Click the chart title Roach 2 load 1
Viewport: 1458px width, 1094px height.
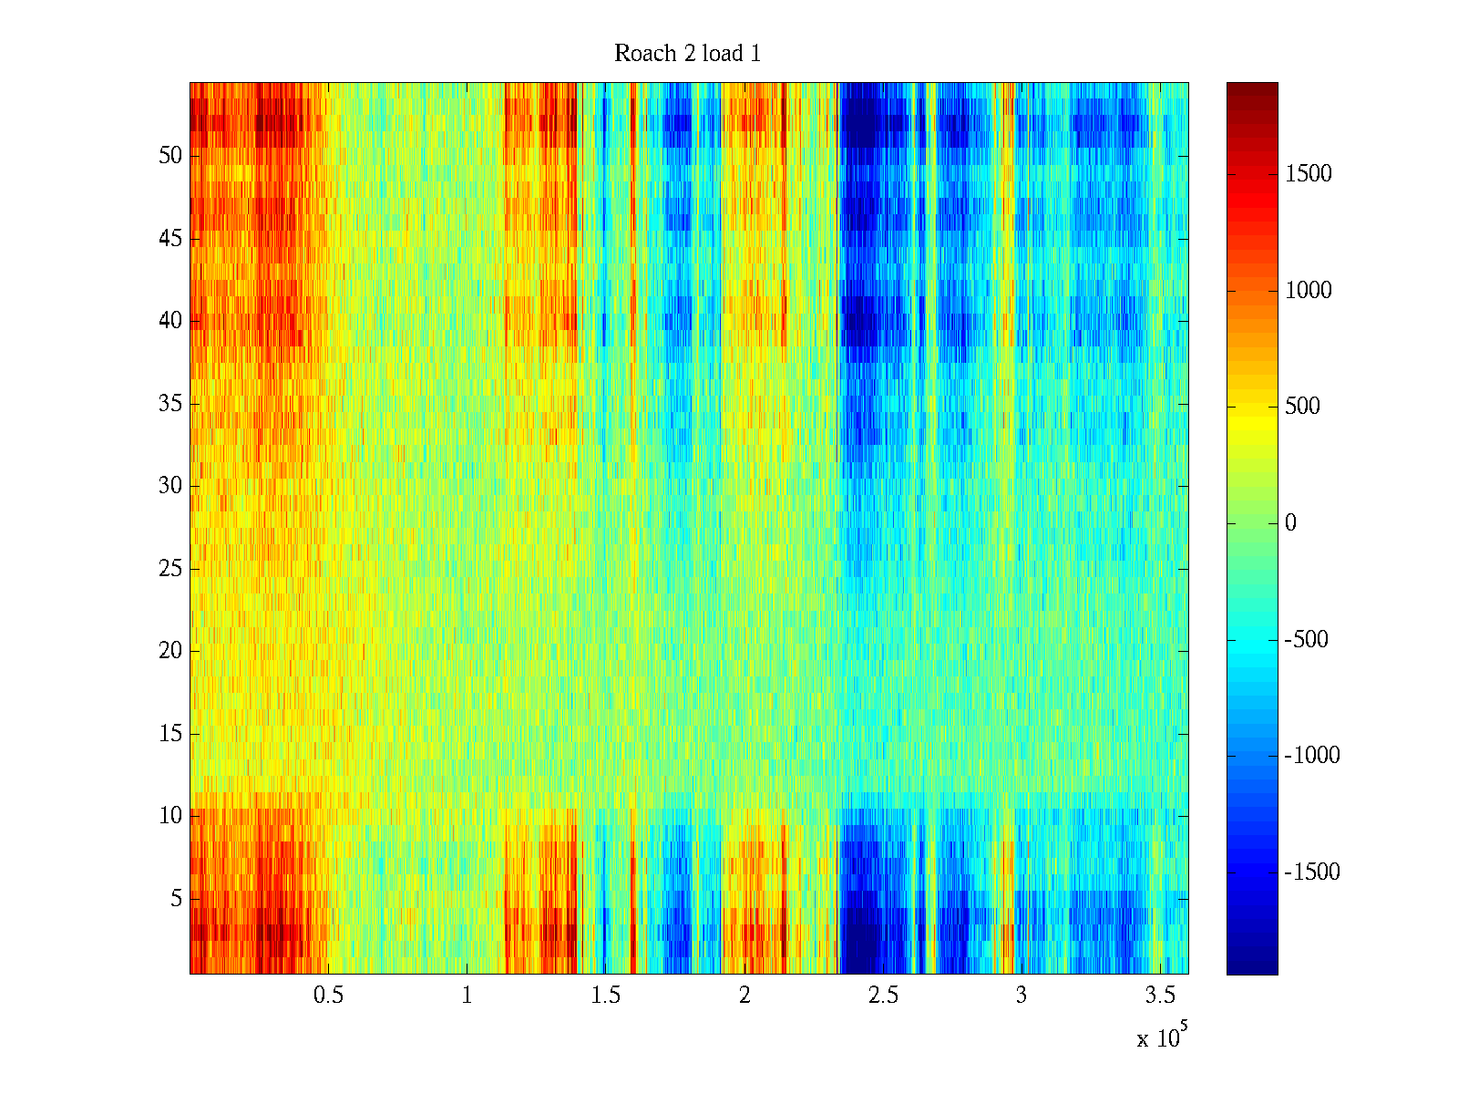[687, 54]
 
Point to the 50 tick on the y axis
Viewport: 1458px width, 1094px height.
[170, 156]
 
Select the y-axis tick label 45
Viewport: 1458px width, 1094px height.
[170, 239]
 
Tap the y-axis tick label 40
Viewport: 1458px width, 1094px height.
[170, 321]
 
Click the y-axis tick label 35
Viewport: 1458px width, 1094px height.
[170, 404]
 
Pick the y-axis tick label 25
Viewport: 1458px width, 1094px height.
[170, 569]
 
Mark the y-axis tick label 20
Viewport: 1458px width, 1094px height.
[170, 651]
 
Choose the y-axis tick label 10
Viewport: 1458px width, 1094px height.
[170, 816]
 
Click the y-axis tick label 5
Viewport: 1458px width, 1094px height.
[176, 899]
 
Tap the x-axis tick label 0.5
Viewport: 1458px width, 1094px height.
[328, 996]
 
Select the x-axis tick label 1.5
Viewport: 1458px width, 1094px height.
[606, 996]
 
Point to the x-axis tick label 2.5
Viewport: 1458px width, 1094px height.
[883, 996]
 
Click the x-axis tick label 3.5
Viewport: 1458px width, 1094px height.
[1160, 996]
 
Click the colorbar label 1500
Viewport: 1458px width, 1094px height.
[1308, 174]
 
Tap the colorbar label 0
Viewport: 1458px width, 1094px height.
[1290, 523]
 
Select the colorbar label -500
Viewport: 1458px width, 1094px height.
[1306, 640]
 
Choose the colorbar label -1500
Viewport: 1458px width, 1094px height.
[1312, 872]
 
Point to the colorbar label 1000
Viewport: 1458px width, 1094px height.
[1308, 291]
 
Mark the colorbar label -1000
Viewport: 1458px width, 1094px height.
[1312, 756]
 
